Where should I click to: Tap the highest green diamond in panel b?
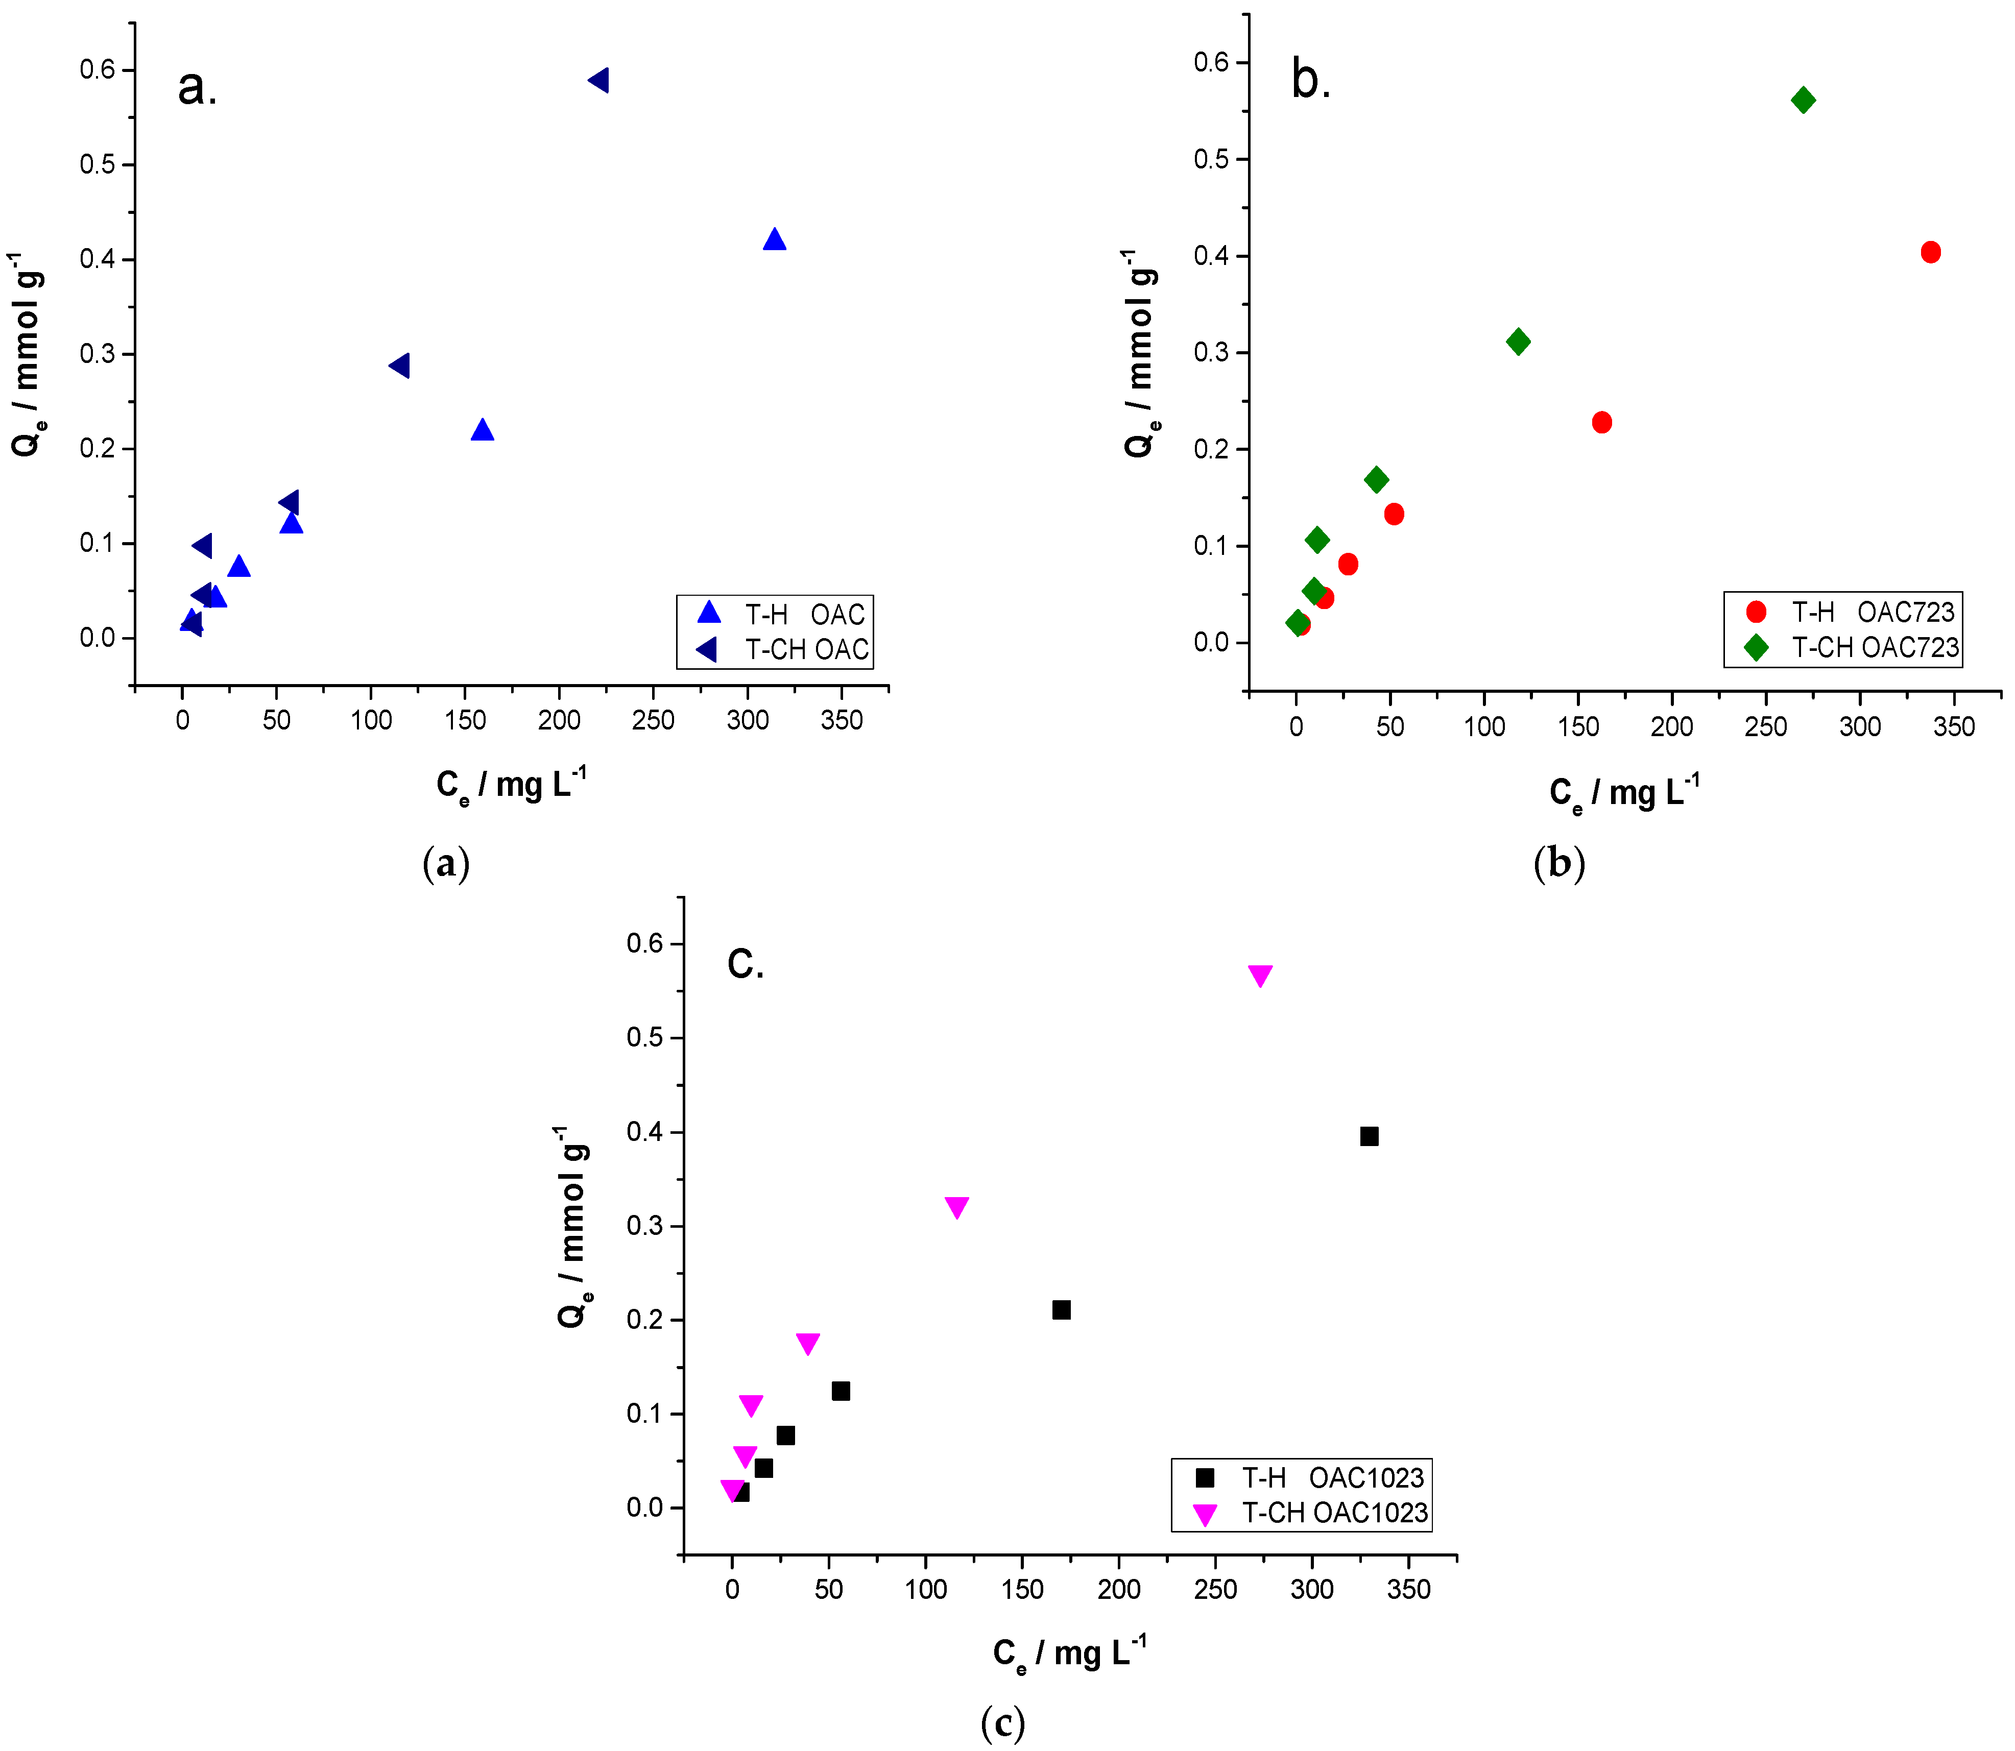click(x=1803, y=100)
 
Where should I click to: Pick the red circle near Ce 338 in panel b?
click(x=1930, y=252)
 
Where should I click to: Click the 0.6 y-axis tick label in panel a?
click(x=98, y=69)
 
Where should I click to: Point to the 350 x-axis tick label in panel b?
click(x=1953, y=727)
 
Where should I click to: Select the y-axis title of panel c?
click(x=572, y=1226)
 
